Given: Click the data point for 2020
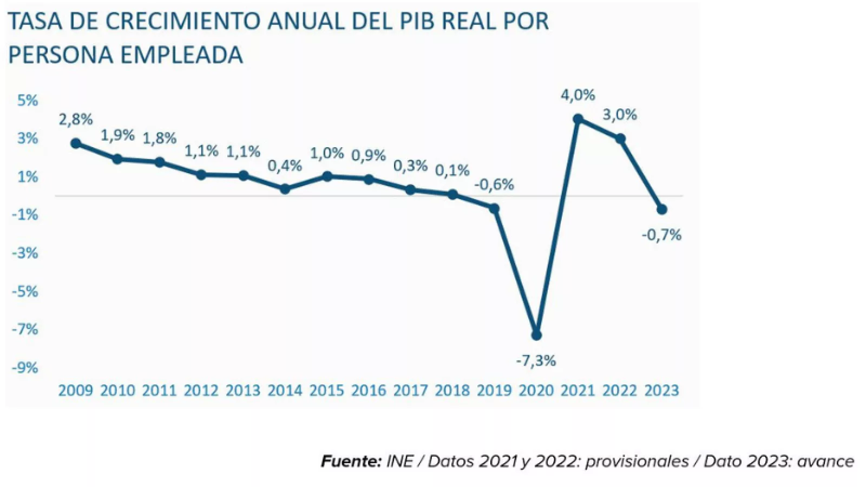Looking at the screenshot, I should tap(536, 335).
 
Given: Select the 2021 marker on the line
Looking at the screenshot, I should tap(578, 119).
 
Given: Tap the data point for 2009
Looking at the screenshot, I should tap(76, 143).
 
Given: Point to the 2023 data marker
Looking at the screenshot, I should tap(661, 209).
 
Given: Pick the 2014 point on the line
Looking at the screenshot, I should tap(285, 189).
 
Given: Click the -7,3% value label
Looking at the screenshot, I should tap(536, 361).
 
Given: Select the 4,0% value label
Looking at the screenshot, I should tap(578, 95).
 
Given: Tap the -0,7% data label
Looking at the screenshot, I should tap(661, 235).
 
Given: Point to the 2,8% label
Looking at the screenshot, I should tap(76, 119).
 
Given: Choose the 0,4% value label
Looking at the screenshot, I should tap(285, 166).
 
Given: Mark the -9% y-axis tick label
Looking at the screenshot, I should tap(25, 368).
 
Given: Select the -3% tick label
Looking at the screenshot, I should tap(25, 253).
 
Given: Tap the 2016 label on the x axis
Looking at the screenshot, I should tap(369, 390).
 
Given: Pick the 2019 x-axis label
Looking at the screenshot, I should tap(494, 390).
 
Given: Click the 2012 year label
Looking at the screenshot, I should tap(201, 390).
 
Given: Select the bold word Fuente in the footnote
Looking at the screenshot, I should tap(351, 461).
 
